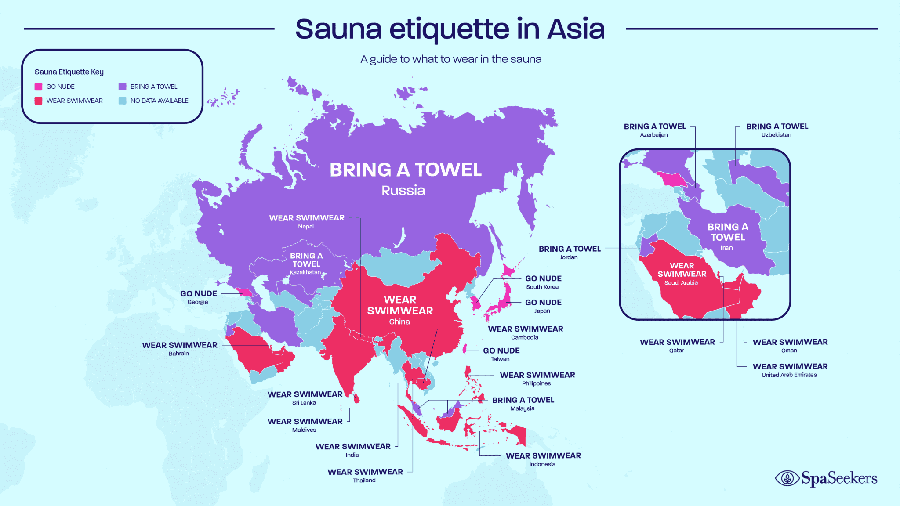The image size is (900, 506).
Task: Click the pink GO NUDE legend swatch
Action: [39, 87]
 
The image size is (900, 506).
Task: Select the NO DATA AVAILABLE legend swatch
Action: [123, 101]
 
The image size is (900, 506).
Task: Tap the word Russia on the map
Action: [403, 190]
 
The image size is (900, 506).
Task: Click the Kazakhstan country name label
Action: [305, 272]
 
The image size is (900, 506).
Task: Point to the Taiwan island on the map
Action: [465, 349]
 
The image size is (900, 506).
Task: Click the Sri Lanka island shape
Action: [356, 398]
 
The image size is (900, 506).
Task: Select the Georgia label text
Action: [198, 302]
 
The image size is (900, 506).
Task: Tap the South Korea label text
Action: [542, 287]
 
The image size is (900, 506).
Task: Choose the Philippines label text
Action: [536, 383]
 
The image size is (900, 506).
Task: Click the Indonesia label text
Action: [542, 464]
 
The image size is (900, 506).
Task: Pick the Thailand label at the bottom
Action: [364, 481]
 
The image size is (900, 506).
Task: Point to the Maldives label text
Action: [304, 430]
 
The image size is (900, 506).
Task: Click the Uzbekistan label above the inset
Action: [776, 135]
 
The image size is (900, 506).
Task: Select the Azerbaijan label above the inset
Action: [653, 135]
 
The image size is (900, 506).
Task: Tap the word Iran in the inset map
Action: [726, 248]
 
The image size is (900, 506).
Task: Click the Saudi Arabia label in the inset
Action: [681, 283]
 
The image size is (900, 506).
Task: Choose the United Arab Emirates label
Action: [789, 375]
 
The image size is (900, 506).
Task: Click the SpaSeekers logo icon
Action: [787, 478]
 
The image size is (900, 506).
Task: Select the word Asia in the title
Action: [576, 29]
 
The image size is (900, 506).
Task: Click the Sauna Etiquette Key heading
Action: [69, 72]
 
